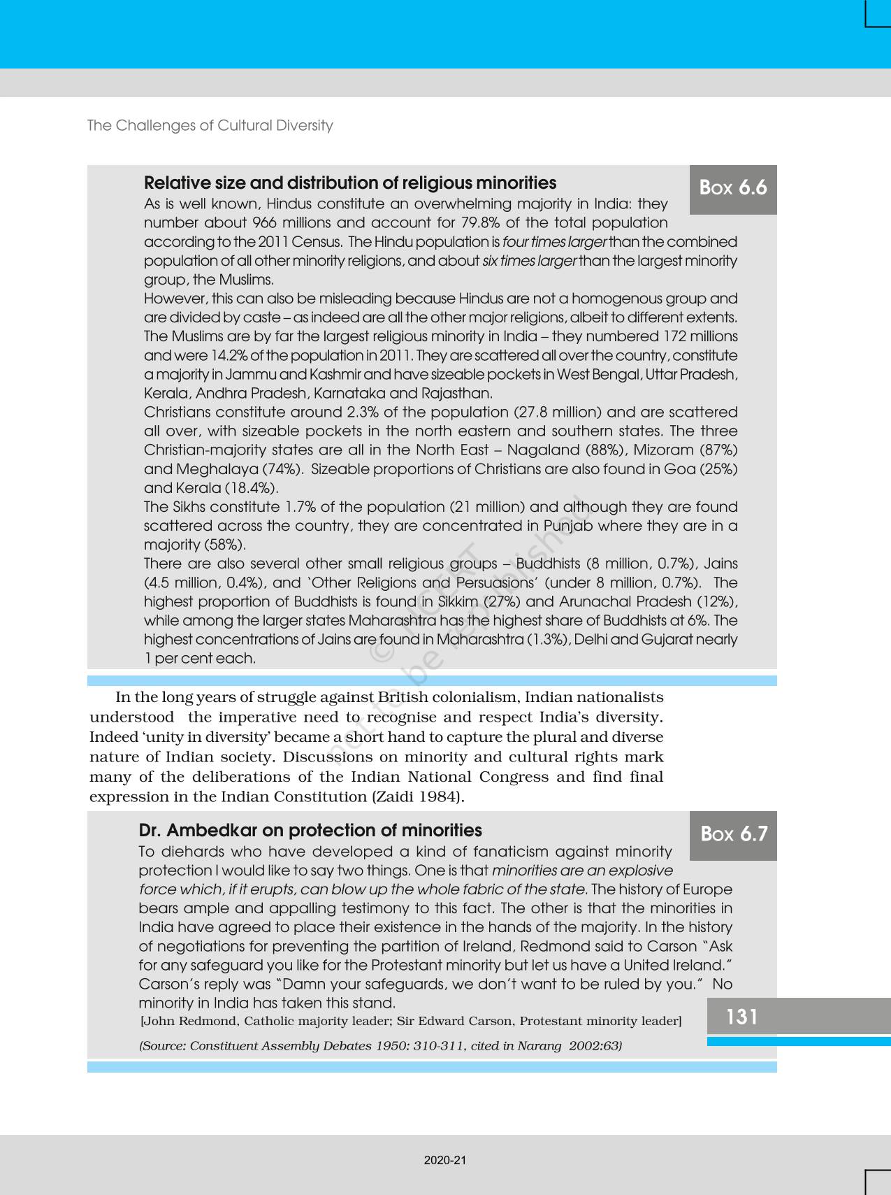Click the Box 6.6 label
(733, 188)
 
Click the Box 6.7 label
(734, 834)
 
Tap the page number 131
(741, 1017)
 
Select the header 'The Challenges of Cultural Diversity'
(210, 126)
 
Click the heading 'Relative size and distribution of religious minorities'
(350, 183)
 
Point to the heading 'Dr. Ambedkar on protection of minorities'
(310, 831)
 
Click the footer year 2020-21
(444, 1160)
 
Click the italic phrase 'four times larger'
(555, 242)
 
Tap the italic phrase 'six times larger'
(529, 261)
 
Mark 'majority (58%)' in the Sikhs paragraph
(195, 545)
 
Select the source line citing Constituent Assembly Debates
(381, 1046)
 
